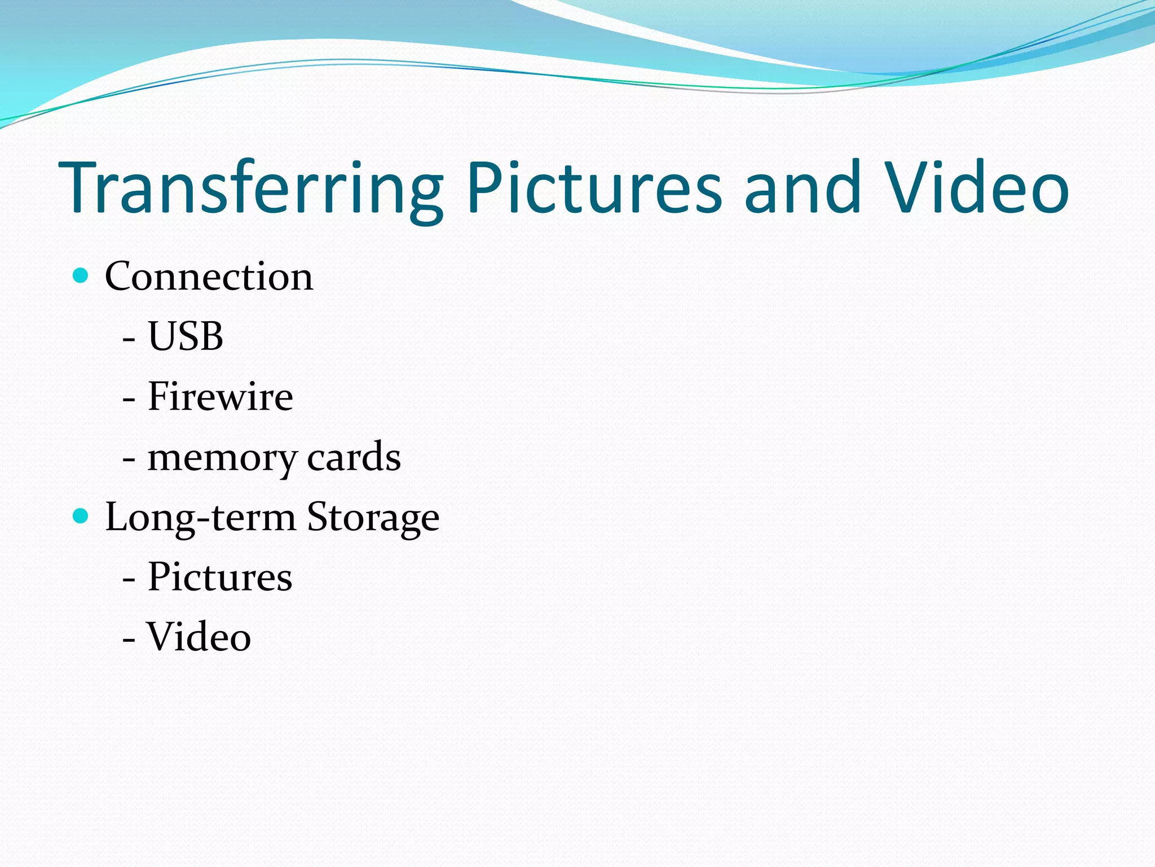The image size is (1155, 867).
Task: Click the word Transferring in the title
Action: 251,189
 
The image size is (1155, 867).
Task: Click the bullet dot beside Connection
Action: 81,275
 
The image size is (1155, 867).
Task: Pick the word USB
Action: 186,336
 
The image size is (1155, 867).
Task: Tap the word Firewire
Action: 220,396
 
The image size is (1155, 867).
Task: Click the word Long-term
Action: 200,518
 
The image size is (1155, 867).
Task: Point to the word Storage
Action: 373,518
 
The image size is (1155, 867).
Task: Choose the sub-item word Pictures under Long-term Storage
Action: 220,577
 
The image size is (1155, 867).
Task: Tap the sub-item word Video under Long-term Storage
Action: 199,637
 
